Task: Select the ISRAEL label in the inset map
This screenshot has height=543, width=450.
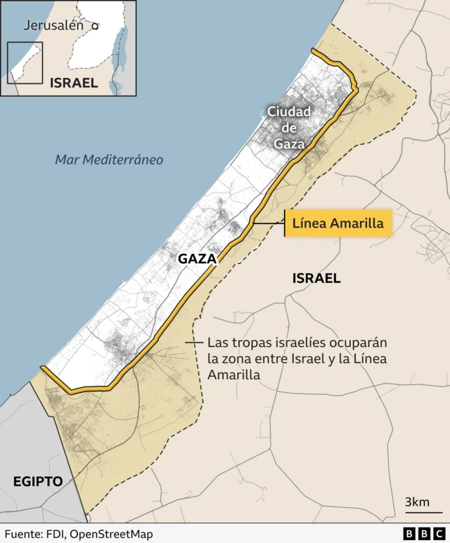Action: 74,83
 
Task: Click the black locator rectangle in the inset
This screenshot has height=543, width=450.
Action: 25,63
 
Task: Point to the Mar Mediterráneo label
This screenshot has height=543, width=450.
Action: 109,160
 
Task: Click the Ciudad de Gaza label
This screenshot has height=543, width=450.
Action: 288,128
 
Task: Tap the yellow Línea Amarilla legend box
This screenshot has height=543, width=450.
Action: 337,224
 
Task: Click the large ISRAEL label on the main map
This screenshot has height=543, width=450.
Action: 316,279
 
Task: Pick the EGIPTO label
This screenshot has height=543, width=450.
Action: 38,481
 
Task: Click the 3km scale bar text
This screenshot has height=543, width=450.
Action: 417,502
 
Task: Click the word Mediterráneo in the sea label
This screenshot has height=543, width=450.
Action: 123,160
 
